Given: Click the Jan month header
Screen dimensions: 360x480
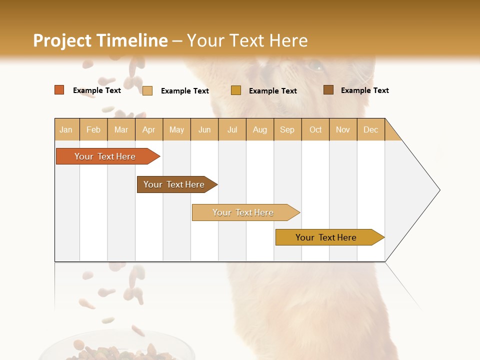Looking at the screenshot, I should pos(66,129).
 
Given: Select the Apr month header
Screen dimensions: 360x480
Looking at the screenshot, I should pos(148,129).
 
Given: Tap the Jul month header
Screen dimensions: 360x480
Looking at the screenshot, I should pos(232,129).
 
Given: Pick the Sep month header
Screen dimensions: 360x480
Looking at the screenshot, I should pos(287,129).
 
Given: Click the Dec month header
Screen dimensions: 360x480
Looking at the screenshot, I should pos(370,129).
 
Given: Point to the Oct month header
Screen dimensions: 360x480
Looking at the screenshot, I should pos(315,129).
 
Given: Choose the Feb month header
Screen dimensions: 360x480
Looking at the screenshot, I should pos(93,129).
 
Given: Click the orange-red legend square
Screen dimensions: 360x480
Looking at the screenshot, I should pos(59,90).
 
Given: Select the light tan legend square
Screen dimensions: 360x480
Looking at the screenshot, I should pos(147,90).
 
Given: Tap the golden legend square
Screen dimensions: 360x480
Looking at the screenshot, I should pos(236,90).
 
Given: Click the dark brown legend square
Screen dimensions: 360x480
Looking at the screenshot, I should pos(328,90).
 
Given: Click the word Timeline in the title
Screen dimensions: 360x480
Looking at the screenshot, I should pos(132,40).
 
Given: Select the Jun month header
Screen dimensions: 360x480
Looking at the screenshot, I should pos(204,129).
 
